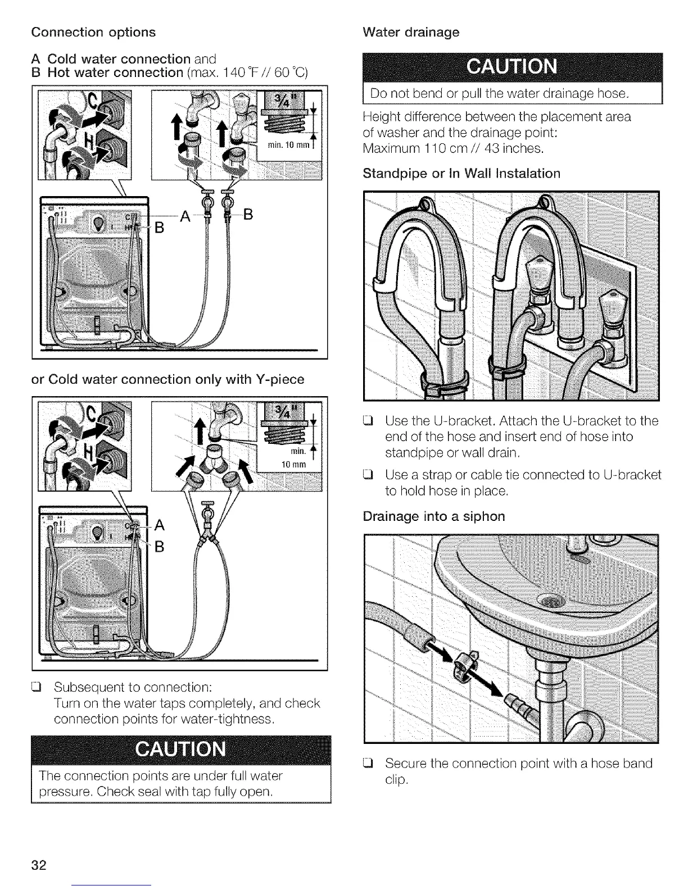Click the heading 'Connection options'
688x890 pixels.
coord(93,32)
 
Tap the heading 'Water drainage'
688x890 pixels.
coord(411,32)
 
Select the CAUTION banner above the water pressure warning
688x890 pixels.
coord(181,750)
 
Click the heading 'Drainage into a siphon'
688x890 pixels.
coord(434,516)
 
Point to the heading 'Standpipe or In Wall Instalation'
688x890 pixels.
coord(461,173)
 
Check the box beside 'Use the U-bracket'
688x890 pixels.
coord(369,421)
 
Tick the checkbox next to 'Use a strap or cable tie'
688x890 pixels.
coord(369,475)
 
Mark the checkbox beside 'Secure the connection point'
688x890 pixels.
coord(369,764)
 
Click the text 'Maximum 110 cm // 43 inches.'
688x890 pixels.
coord(453,149)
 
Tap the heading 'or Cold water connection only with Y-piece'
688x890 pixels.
coord(168,379)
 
